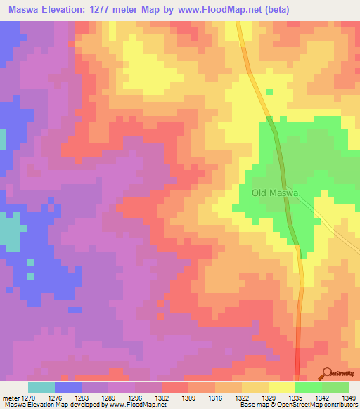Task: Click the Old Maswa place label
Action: click(275, 193)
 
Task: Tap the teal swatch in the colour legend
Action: click(41, 387)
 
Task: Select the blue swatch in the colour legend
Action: click(68, 387)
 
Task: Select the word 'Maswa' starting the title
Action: click(23, 10)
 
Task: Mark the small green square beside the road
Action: click(269, 91)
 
